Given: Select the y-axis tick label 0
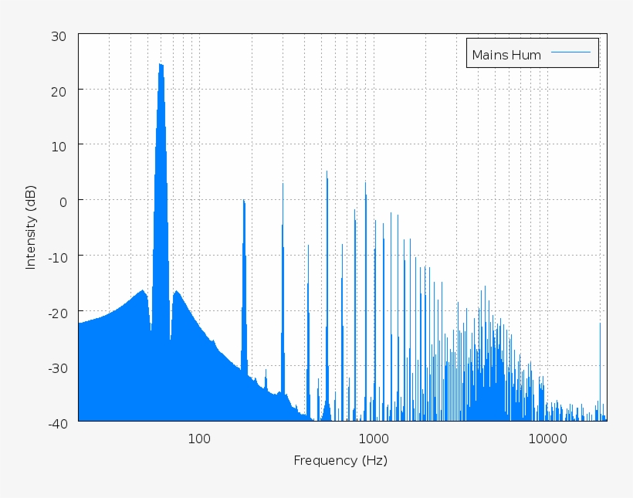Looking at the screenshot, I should tap(63, 201).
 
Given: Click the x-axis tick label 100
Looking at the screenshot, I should tap(198, 439).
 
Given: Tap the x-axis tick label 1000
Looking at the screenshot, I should tap(374, 439).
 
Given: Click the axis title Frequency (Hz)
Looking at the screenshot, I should tap(340, 461).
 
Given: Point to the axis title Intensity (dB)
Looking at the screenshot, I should tap(31, 226).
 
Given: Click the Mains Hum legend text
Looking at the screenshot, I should tap(506, 55).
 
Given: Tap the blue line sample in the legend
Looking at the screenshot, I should tap(571, 53).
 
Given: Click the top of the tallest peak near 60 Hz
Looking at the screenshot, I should tap(161, 64).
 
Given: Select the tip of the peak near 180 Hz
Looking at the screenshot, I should tap(244, 200).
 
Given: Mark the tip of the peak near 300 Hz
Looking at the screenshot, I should tap(283, 184).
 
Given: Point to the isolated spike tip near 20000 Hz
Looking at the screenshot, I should tap(600, 324).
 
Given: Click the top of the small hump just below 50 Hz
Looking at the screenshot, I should tap(143, 290).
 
